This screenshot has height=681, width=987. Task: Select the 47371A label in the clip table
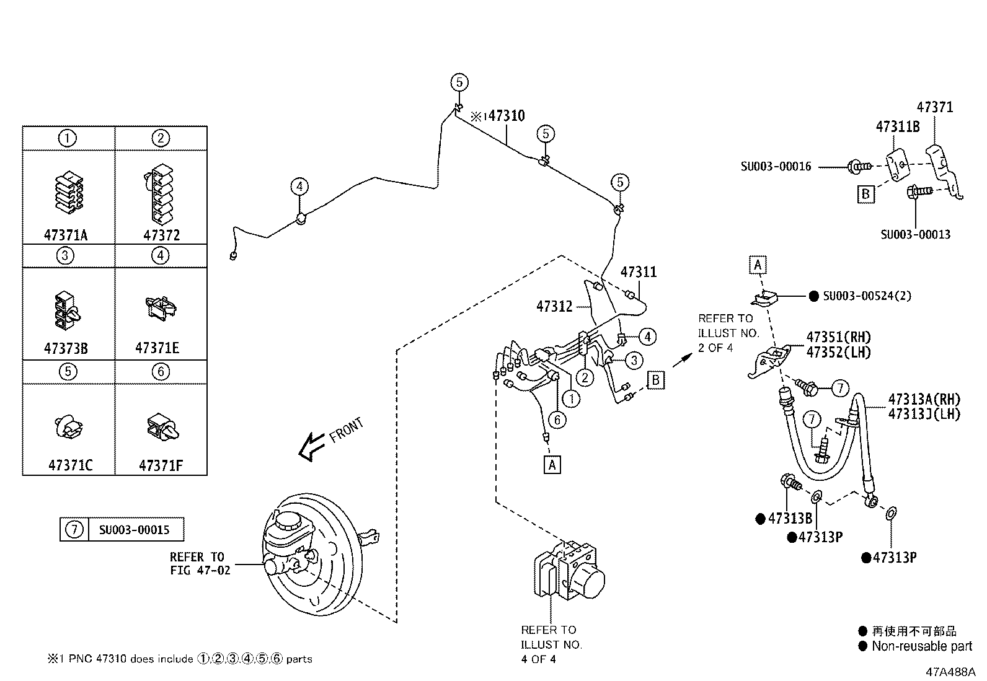tap(66, 235)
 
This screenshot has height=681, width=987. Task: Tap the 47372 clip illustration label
tap(161, 235)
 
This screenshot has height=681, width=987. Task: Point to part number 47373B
tap(66, 348)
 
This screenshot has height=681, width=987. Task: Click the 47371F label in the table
tap(161, 465)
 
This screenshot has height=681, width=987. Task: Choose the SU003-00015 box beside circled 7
tap(134, 530)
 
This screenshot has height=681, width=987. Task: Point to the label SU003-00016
tap(776, 166)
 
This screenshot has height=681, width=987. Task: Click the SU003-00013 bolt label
tap(915, 234)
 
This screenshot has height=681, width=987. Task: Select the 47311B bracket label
tap(897, 127)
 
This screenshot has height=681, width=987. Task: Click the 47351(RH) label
tap(838, 338)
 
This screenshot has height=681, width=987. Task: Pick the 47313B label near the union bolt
tap(789, 519)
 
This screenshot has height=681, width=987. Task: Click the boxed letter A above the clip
tap(757, 265)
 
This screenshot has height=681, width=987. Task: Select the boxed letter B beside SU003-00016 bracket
tap(865, 194)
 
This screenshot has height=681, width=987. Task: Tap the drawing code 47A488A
tap(950, 672)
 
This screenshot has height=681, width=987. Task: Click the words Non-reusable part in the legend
tap(921, 646)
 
